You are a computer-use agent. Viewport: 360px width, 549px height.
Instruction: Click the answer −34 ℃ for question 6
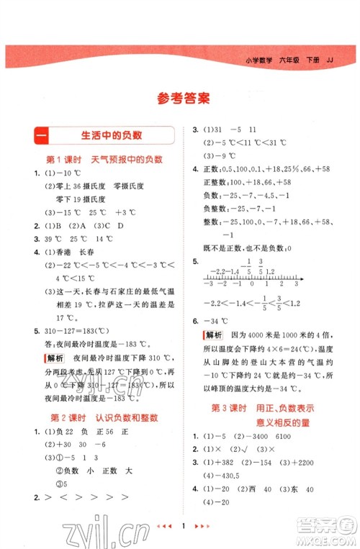[217, 321]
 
